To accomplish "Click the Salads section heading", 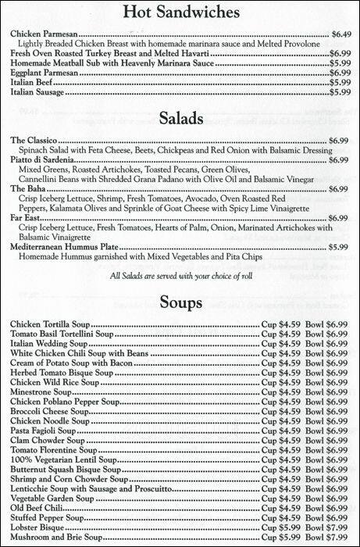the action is [180, 119].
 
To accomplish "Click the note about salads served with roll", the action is [180, 274].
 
